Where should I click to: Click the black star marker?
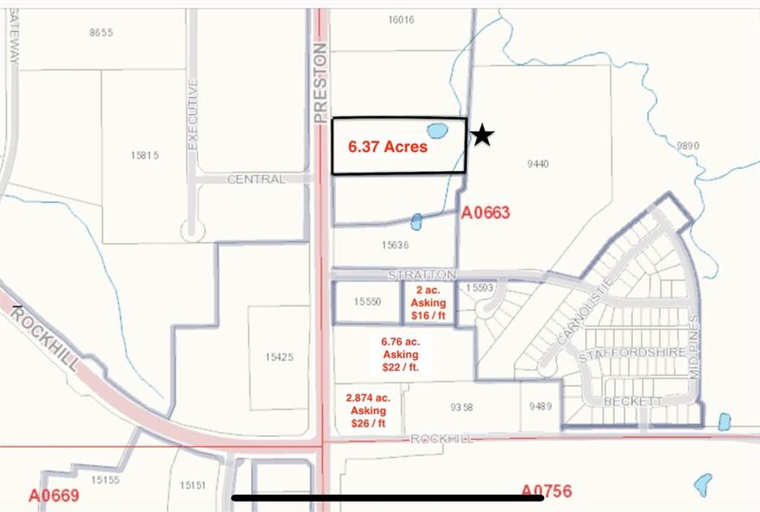[483, 136]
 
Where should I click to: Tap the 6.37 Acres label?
[388, 147]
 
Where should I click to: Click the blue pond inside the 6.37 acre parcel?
[438, 132]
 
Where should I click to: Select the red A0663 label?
[486, 212]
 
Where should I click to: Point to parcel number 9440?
[537, 163]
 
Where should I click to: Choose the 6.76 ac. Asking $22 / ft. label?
[400, 354]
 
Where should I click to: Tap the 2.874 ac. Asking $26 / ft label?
[368, 411]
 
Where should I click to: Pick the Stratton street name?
[421, 275]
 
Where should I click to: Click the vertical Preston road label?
[320, 82]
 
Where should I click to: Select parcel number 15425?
[278, 357]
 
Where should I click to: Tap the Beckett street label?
[632, 401]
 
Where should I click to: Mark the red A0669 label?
[54, 496]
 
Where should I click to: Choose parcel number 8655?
[101, 33]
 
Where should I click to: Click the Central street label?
[256, 180]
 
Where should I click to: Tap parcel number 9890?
[687, 146]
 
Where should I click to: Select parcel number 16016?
[402, 20]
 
